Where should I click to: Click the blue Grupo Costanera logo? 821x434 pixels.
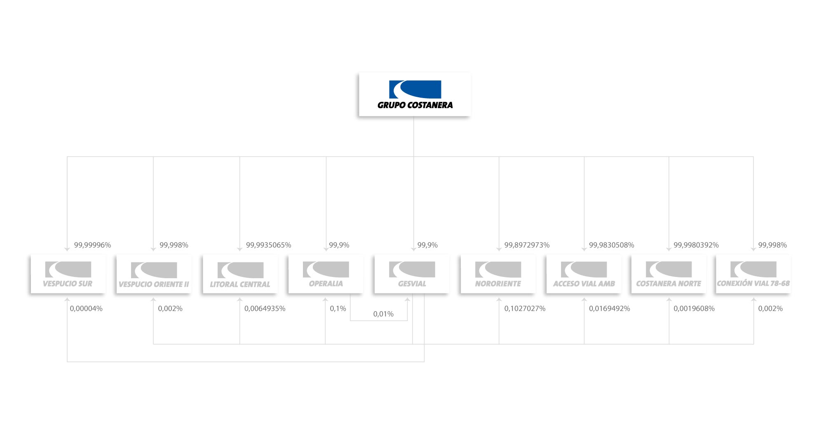[415, 94]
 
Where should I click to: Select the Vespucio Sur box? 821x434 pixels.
[68, 274]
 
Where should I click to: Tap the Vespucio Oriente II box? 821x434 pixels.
[154, 274]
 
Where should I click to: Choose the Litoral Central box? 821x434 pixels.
[240, 274]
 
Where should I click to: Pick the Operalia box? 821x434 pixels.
[326, 274]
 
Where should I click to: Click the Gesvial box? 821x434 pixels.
[412, 274]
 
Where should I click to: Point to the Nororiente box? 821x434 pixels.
[498, 274]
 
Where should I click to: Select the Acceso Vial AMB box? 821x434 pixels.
[584, 274]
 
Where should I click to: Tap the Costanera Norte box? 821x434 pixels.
[669, 274]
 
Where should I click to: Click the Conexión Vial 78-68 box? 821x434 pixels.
[753, 274]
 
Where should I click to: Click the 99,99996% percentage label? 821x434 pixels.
[92, 245]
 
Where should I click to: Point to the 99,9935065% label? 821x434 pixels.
[268, 245]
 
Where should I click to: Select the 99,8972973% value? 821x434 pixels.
[527, 245]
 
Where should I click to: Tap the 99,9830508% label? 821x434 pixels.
[611, 245]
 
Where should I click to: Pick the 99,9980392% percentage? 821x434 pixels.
[696, 245]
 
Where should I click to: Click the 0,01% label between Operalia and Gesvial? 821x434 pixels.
[383, 314]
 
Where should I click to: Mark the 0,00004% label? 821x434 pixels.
[86, 309]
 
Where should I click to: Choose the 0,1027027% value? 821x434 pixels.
[525, 309]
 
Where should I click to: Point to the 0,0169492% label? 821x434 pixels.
[609, 309]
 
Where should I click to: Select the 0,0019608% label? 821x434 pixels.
[694, 309]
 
